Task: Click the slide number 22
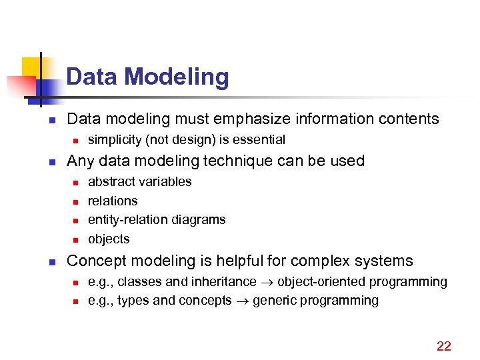click(443, 345)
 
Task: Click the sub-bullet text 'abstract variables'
click(139, 181)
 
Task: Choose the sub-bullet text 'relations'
click(113, 201)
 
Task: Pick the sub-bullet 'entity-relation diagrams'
click(157, 219)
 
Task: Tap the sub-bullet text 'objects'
click(109, 239)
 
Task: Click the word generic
click(273, 301)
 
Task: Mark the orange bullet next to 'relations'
click(75, 201)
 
